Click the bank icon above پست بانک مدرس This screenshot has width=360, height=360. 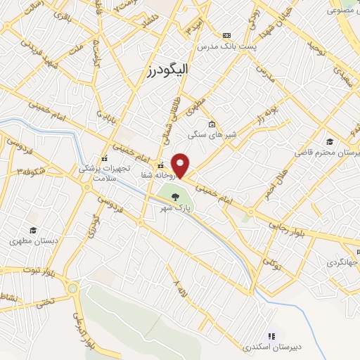pyautogui.click(x=226, y=34)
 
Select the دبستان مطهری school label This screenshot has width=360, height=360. pyautogui.click(x=32, y=240)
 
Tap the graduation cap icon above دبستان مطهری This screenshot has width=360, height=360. pyautogui.click(x=32, y=230)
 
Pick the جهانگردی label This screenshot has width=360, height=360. pyautogui.click(x=343, y=262)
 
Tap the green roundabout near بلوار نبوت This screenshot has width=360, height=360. pyautogui.click(x=72, y=288)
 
